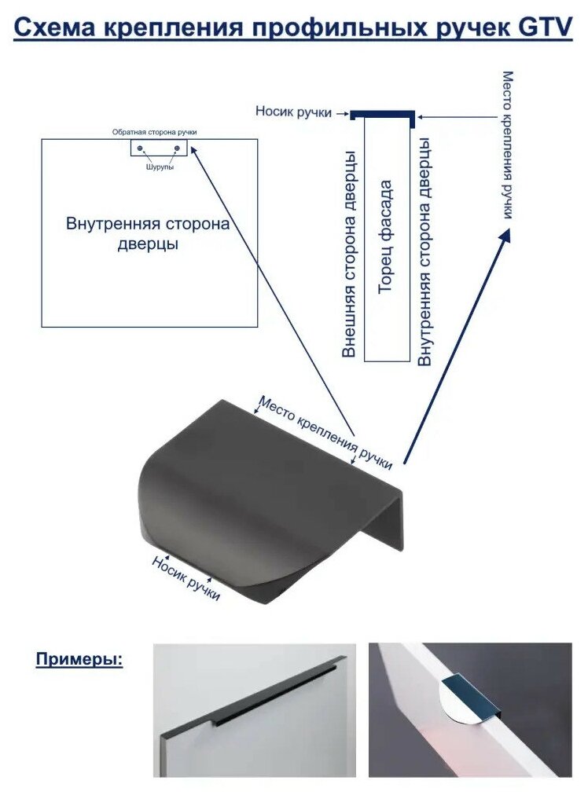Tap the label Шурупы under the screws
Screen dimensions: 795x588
pyautogui.click(x=160, y=167)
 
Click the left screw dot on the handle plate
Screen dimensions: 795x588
pyautogui.click(x=140, y=148)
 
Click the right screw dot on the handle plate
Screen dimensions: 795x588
pyautogui.click(x=177, y=148)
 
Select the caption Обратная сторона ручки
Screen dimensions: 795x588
pyautogui.click(x=154, y=132)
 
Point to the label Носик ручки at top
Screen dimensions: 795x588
pyautogui.click(x=292, y=112)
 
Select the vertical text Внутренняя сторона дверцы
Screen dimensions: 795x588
pyautogui.click(x=424, y=251)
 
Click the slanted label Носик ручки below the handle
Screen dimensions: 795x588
pyautogui.click(x=186, y=578)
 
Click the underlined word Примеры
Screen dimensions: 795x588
pyautogui.click(x=79, y=658)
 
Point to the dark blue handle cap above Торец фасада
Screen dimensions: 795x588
pyautogui.click(x=383, y=115)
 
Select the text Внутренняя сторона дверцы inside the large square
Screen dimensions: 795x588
pyautogui.click(x=148, y=234)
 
